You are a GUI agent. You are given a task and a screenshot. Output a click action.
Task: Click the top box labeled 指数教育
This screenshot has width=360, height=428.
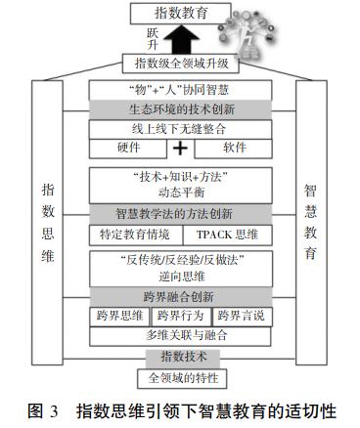pyautogui.click(x=180, y=13)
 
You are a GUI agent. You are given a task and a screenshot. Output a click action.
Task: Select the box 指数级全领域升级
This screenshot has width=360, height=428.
pyautogui.click(x=179, y=64)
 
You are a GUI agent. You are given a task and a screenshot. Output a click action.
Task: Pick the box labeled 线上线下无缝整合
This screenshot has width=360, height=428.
pyautogui.click(x=179, y=128)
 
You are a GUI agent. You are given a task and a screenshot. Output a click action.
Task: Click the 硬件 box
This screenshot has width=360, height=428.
pyautogui.click(x=126, y=149)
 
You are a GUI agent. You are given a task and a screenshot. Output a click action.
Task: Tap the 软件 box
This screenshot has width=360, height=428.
pyautogui.click(x=234, y=149)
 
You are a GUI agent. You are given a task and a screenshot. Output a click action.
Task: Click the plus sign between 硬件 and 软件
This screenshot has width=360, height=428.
pyautogui.click(x=180, y=149)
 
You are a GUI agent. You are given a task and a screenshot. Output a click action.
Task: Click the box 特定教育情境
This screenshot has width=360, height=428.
pyautogui.click(x=135, y=235)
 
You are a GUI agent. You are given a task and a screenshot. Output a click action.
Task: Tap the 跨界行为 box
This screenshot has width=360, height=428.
pyautogui.click(x=180, y=317)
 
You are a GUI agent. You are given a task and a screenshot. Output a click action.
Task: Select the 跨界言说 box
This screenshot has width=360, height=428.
pyautogui.click(x=240, y=317)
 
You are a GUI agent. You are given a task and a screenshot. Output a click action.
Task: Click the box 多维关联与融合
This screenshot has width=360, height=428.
pyautogui.click(x=179, y=335)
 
